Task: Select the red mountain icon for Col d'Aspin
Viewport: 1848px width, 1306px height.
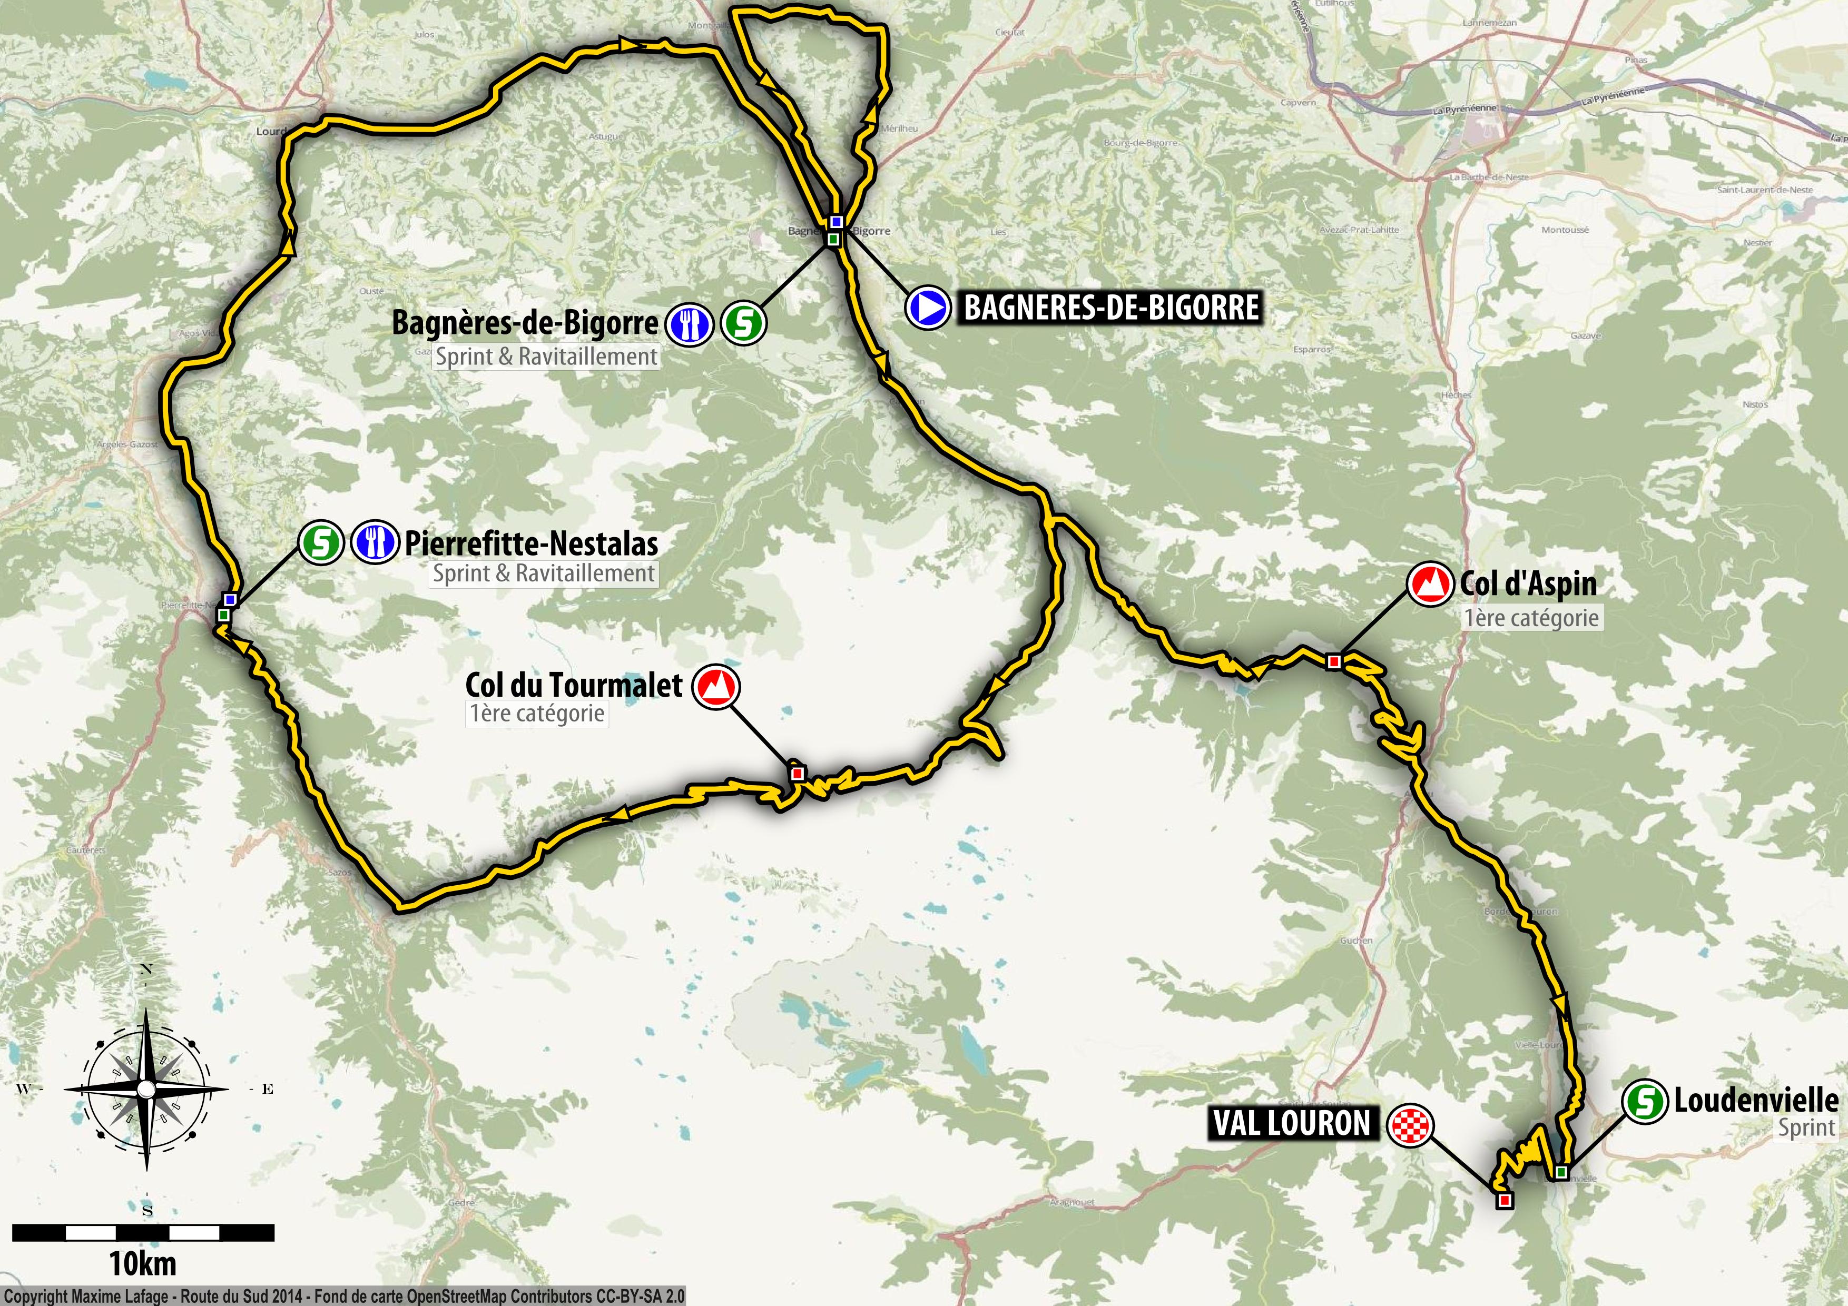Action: pos(1430,585)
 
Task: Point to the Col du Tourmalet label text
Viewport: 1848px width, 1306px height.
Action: pos(573,685)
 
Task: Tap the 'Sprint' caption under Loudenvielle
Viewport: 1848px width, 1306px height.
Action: pos(1806,1128)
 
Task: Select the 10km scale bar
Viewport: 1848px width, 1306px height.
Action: pos(143,1232)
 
